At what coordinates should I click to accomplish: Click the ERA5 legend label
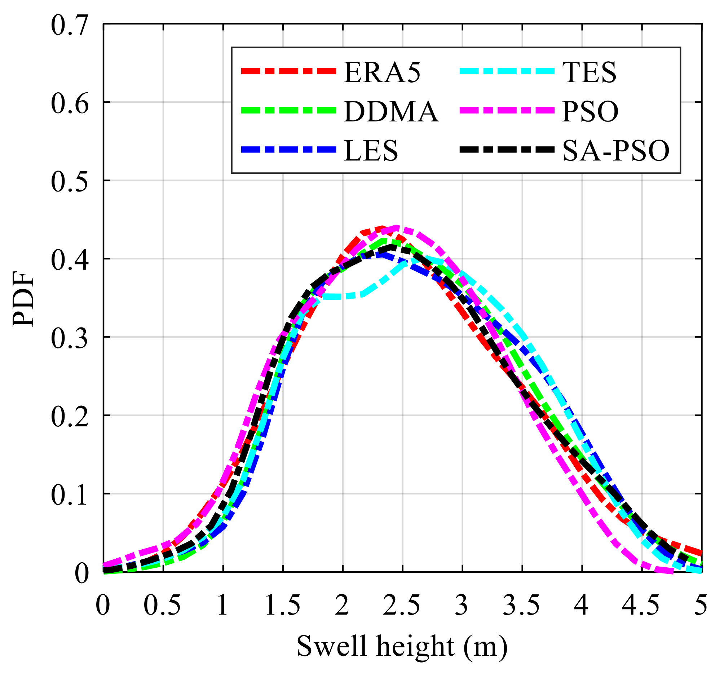point(382,72)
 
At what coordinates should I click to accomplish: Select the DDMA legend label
point(391,111)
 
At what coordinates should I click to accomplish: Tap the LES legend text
point(371,150)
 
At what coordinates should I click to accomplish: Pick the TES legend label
point(589,72)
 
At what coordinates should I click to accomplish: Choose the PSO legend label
point(590,111)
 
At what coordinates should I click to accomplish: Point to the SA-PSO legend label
point(615,150)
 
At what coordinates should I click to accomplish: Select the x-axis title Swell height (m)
point(402,646)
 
